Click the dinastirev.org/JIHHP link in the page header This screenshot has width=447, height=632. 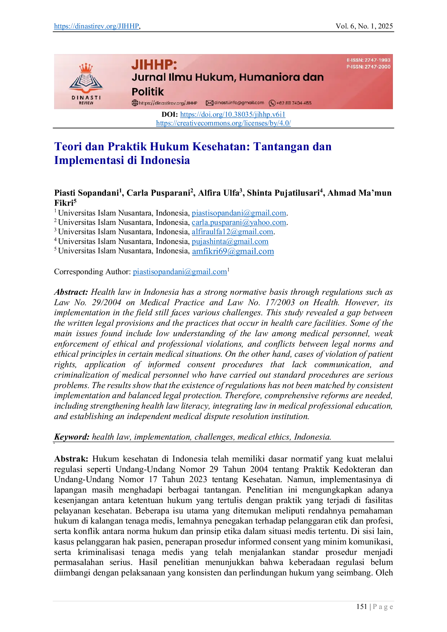[97, 26]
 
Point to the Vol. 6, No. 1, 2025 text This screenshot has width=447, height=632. [364, 26]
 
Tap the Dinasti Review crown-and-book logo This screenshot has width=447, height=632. [86, 84]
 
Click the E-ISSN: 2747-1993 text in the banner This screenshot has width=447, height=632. [368, 60]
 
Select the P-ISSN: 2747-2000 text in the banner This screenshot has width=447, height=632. [368, 67]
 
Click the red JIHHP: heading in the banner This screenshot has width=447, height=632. [154, 65]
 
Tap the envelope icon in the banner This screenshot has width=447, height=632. [209, 103]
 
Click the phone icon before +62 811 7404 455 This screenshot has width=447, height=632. [272, 103]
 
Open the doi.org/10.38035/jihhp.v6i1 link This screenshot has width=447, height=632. [233, 115]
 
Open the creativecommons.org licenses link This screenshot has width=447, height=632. [223, 123]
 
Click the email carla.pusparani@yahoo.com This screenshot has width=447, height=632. [239, 223]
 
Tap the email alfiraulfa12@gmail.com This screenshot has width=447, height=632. [233, 232]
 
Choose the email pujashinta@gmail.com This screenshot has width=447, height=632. [230, 242]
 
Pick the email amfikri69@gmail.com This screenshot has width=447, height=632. [233, 252]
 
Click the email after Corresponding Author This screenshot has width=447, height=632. [180, 272]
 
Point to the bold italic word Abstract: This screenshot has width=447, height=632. [71, 292]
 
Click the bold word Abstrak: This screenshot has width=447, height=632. [71, 459]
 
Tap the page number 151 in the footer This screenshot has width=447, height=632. [362, 607]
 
